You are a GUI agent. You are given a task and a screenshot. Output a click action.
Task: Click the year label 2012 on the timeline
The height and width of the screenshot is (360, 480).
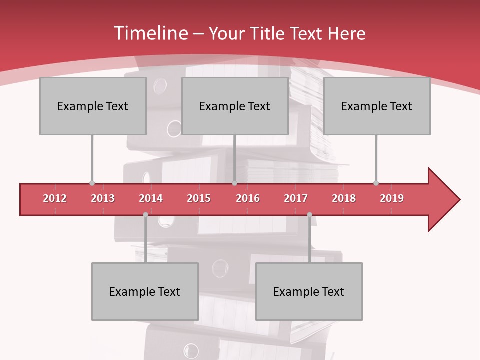[55, 198]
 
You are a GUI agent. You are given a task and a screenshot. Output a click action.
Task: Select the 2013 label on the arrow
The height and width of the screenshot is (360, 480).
[103, 198]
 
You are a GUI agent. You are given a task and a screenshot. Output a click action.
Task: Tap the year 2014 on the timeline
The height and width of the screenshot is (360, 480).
[151, 198]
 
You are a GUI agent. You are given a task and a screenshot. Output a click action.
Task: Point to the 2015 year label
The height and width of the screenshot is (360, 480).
[199, 198]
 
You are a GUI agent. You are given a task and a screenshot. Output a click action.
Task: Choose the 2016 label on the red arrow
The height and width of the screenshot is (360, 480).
[248, 198]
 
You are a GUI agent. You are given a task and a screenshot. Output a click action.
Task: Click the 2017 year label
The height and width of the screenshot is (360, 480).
[296, 198]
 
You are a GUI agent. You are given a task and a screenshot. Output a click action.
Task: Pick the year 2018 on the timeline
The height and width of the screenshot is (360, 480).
[344, 198]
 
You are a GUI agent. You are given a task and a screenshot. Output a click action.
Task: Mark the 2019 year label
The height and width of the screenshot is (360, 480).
[392, 198]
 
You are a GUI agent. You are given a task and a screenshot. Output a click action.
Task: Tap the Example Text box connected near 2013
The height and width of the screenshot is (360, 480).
[93, 106]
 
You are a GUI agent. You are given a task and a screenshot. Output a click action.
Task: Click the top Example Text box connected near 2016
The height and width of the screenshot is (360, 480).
[235, 106]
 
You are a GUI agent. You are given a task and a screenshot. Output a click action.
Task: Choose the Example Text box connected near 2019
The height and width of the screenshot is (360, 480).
[377, 106]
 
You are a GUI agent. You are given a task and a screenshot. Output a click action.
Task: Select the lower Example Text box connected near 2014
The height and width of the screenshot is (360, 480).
[145, 291]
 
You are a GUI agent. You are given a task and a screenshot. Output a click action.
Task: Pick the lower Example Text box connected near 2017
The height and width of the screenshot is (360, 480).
[309, 291]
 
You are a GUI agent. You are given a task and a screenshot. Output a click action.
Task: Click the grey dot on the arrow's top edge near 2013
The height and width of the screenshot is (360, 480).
[92, 183]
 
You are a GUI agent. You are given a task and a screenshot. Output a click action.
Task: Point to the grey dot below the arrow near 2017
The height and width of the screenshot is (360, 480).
[309, 214]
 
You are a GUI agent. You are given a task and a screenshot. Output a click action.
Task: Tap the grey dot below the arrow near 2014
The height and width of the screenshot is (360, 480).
[145, 214]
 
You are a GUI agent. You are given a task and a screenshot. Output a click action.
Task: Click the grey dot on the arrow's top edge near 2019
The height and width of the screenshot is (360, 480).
[376, 183]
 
